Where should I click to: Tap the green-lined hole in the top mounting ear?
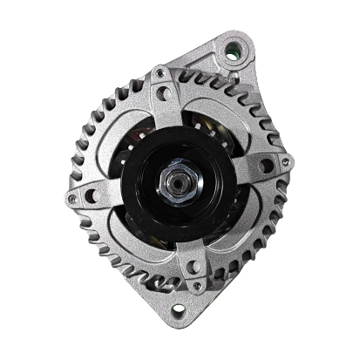click(232, 48)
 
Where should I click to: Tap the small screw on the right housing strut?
click(285, 160)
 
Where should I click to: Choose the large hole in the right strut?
click(266, 165)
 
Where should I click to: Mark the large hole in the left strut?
click(90, 195)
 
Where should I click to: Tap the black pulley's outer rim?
click(131, 209)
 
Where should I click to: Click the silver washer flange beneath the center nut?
click(177, 194)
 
